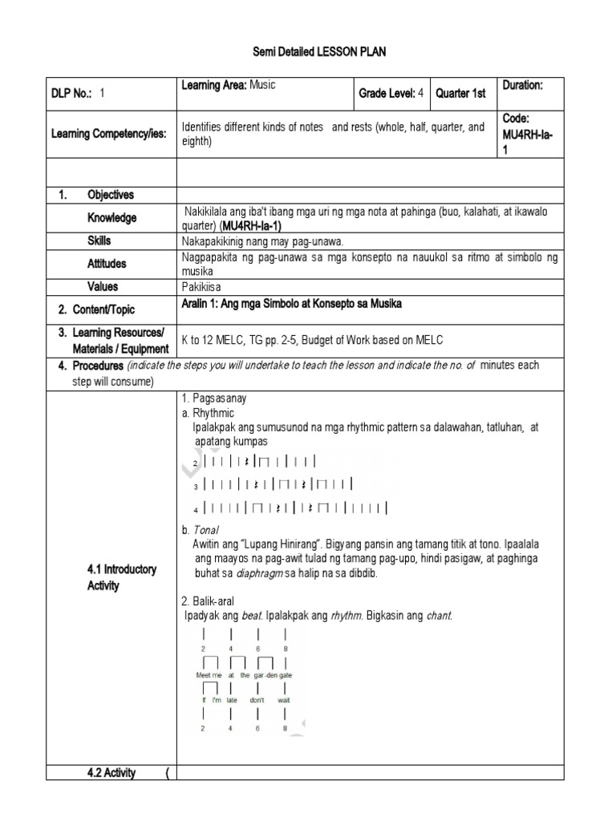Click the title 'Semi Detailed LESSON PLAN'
(308, 53)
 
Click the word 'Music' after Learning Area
(265, 85)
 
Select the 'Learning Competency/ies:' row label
(108, 134)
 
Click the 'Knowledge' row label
(111, 218)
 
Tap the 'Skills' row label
(99, 241)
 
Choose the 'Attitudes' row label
(107, 264)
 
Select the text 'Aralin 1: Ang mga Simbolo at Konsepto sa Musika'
(292, 304)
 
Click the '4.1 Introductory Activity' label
(121, 577)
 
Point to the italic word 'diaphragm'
(261, 574)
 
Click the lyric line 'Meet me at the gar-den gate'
(244, 675)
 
